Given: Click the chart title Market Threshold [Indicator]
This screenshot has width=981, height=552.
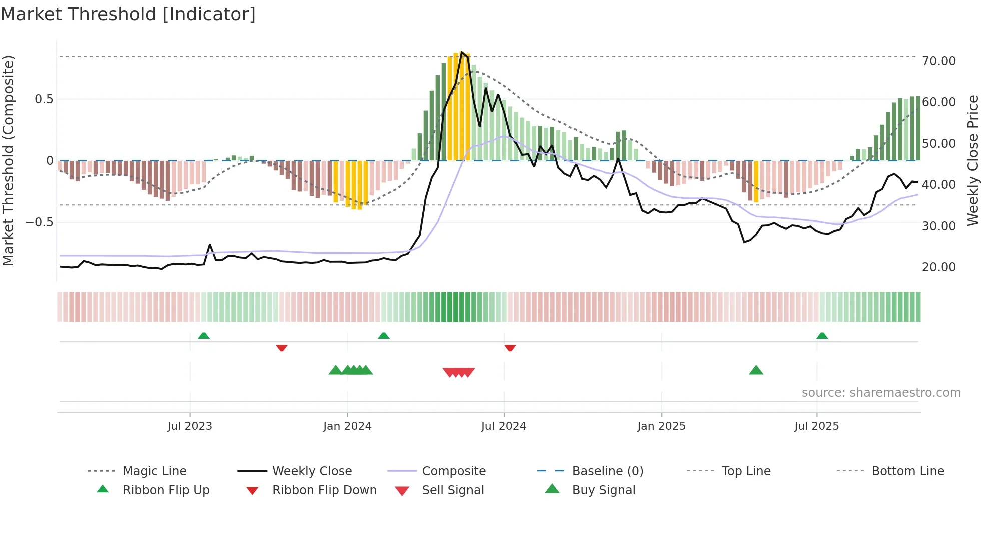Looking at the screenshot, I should point(128,14).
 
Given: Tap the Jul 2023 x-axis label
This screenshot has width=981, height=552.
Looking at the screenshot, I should point(190,426).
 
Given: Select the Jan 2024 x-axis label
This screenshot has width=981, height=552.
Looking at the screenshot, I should point(347,426).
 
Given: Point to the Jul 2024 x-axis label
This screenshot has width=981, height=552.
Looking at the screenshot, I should point(504,426).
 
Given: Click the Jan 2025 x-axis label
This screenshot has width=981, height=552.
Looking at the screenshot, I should point(661,426).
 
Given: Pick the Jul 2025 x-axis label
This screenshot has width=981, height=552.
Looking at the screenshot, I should point(816,426).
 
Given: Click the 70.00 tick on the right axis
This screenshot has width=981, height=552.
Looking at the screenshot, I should point(939,61).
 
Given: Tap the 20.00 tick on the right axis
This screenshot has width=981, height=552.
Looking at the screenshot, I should point(939,267).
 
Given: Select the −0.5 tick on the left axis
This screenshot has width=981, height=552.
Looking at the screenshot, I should point(40,222).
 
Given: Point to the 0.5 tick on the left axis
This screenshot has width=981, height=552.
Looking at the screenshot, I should point(44,99).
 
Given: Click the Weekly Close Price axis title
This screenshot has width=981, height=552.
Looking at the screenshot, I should point(972,160).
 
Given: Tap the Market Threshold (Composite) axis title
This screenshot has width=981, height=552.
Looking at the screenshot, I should point(8,160).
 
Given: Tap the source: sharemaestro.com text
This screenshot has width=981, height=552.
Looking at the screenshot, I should point(881,393).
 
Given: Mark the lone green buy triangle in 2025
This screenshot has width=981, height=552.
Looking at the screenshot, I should point(756,370).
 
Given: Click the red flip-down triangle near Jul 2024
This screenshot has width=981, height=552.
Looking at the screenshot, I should point(510,348).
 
